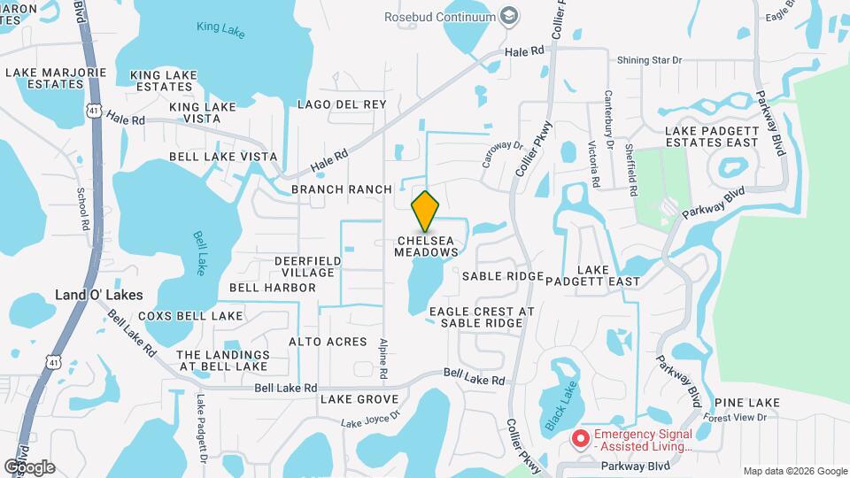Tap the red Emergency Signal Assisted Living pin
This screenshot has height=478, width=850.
(x=581, y=438)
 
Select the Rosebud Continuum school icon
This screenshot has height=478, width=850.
(x=509, y=16)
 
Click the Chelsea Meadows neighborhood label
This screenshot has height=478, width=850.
(x=427, y=246)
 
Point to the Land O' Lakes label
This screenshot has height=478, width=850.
(x=99, y=294)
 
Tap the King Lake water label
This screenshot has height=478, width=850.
(x=220, y=28)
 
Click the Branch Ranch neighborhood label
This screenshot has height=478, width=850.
(x=341, y=189)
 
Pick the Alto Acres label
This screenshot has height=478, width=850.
(x=328, y=342)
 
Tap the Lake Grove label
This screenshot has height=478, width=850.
(x=359, y=399)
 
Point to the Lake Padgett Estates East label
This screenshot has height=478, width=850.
(x=712, y=136)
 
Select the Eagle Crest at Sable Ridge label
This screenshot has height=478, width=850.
(x=482, y=317)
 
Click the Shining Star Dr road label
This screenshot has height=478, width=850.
(x=652, y=60)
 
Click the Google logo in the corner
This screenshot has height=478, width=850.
(x=29, y=466)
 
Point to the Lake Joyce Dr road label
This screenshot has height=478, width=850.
(x=371, y=416)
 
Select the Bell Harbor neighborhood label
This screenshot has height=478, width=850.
(x=272, y=288)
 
